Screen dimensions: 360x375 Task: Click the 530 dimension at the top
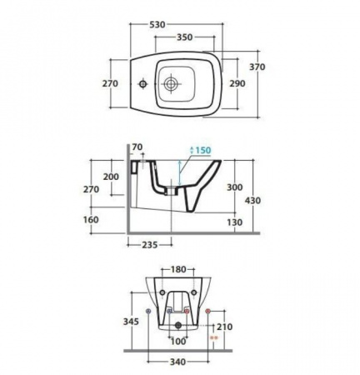(157, 25)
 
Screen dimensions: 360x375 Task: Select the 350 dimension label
(185, 37)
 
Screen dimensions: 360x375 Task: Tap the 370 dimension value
(257, 67)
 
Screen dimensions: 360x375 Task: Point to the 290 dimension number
(237, 83)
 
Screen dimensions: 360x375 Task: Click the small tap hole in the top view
(143, 83)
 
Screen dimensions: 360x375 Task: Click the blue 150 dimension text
(203, 150)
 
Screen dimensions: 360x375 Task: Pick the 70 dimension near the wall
(137, 147)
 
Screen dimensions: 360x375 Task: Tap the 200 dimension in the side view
(111, 177)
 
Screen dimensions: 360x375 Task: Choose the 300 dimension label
(235, 187)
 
